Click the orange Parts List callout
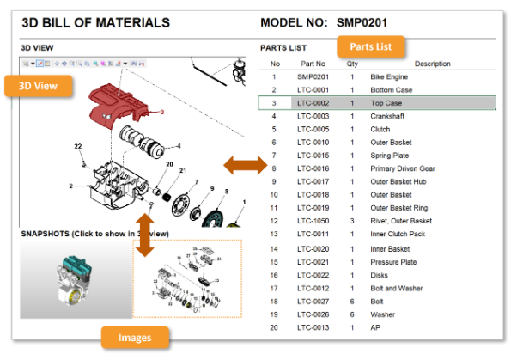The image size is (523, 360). [371, 46]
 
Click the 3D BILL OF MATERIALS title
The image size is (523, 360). [94, 23]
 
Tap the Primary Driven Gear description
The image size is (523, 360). [402, 168]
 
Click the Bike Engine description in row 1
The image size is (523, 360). [390, 76]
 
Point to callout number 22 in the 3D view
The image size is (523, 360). [77, 146]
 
